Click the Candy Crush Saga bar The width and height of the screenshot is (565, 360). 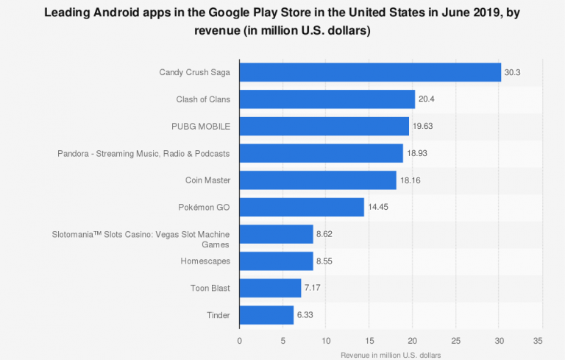tap(370, 72)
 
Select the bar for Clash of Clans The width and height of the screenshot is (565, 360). tap(327, 99)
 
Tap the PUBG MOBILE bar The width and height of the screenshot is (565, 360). tap(324, 126)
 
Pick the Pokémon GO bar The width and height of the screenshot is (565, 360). tap(302, 207)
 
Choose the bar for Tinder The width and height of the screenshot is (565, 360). tap(266, 315)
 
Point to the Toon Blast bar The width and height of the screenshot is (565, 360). tap(270, 288)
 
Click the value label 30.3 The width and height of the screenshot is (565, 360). tap(513, 72)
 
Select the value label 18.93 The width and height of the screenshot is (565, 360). tap(418, 153)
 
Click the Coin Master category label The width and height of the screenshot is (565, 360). tap(207, 180)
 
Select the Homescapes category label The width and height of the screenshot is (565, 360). tap(205, 261)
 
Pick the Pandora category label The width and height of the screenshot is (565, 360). tap(143, 153)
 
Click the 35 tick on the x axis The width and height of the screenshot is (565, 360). tap(542, 340)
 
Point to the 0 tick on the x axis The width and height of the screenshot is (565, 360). tap(240, 340)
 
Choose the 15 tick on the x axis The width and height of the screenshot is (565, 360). tap(369, 340)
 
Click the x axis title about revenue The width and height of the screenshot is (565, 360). tap(391, 354)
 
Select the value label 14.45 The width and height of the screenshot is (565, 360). tap(379, 207)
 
